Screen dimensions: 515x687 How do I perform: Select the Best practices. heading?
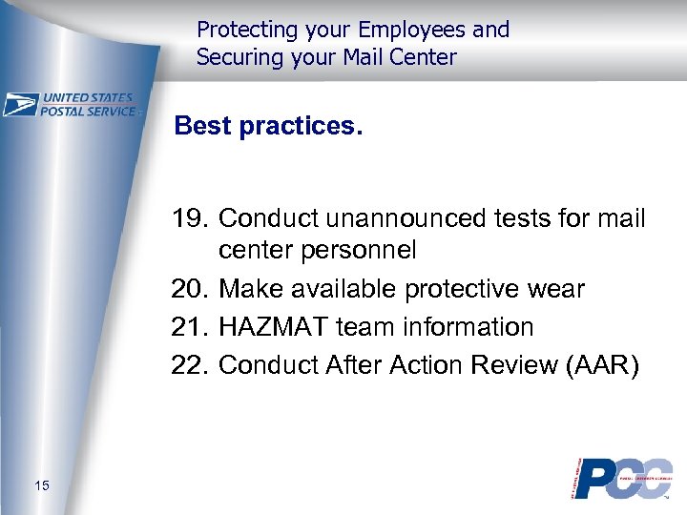tap(268, 127)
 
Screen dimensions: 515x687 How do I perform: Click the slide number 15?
tap(41, 487)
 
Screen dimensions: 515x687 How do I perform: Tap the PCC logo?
tap(621, 477)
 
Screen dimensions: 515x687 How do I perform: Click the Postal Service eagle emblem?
tap(20, 104)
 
